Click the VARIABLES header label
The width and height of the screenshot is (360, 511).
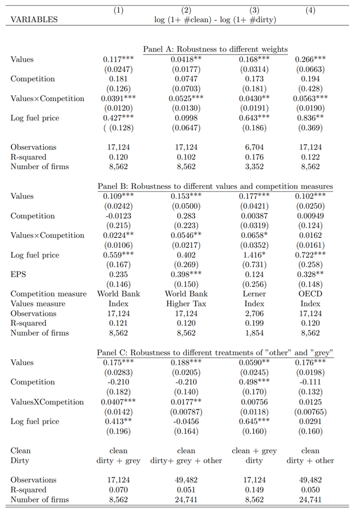click(x=34, y=20)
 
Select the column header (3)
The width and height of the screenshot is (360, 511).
click(x=254, y=10)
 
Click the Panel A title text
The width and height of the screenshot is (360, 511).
click(x=215, y=49)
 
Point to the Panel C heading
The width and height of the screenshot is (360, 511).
click(x=215, y=353)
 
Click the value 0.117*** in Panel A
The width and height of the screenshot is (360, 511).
click(x=119, y=60)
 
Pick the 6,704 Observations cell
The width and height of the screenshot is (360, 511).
click(x=254, y=147)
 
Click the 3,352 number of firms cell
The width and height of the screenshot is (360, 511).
click(x=254, y=167)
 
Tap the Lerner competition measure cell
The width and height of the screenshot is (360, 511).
click(x=254, y=294)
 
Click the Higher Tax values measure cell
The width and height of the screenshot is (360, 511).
click(x=186, y=304)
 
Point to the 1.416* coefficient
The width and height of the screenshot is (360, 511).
click(x=254, y=255)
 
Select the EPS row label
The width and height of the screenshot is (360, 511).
click(x=18, y=275)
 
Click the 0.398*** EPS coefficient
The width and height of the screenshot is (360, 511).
click(x=186, y=275)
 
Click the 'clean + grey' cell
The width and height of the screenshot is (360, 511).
click(x=254, y=451)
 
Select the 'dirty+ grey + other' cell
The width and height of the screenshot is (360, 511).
click(x=186, y=461)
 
